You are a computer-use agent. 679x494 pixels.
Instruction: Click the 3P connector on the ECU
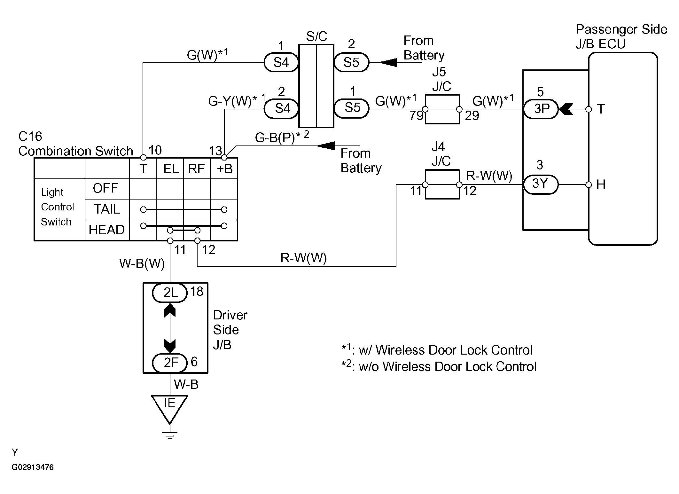click(x=541, y=109)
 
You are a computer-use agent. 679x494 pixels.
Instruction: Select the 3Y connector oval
click(x=541, y=184)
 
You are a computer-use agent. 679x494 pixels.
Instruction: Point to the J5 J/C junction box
click(x=442, y=109)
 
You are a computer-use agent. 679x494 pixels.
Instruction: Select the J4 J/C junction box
click(x=442, y=184)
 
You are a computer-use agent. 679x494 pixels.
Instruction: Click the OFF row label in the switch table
click(x=106, y=188)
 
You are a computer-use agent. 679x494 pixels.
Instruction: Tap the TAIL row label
click(x=107, y=209)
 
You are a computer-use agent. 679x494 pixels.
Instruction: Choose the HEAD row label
click(x=107, y=230)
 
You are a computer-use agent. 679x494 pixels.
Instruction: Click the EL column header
click(x=171, y=169)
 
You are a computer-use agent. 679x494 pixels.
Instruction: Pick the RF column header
click(x=196, y=169)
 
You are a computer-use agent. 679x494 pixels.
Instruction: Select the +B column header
click(x=224, y=169)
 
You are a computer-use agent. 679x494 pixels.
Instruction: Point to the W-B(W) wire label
click(x=142, y=263)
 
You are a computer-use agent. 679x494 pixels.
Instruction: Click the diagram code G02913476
click(x=33, y=467)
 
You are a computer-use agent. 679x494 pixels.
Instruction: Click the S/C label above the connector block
click(x=316, y=37)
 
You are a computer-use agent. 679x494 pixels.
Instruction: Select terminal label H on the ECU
click(x=601, y=185)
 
